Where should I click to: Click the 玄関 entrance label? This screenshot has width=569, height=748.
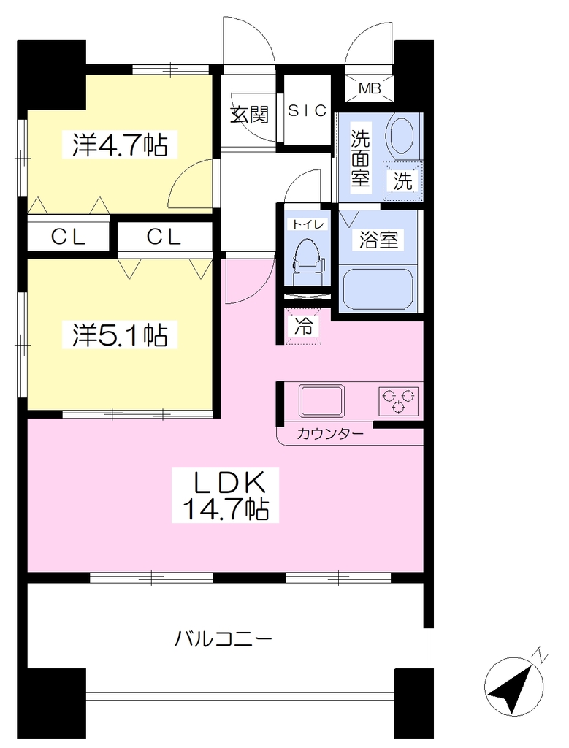click(x=249, y=115)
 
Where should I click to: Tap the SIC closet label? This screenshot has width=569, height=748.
click(x=308, y=111)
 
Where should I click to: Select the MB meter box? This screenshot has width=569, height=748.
click(x=370, y=88)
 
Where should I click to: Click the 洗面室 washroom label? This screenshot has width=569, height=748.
click(x=361, y=158)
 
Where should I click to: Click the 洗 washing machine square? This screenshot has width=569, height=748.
click(x=402, y=181)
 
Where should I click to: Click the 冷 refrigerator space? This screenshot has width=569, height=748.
click(x=303, y=326)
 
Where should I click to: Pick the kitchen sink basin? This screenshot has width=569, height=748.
click(x=321, y=401)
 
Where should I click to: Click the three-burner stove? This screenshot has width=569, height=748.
click(x=399, y=401)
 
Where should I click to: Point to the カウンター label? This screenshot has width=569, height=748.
click(x=329, y=434)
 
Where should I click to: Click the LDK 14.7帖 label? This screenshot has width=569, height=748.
click(x=225, y=495)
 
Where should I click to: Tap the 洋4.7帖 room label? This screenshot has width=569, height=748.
click(x=120, y=145)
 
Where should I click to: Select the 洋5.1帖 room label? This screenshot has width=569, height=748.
click(x=120, y=335)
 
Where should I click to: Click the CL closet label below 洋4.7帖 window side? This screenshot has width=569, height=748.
click(x=69, y=237)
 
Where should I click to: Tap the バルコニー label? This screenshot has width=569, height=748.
click(x=223, y=638)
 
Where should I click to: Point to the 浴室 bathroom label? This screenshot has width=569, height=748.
click(x=378, y=240)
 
